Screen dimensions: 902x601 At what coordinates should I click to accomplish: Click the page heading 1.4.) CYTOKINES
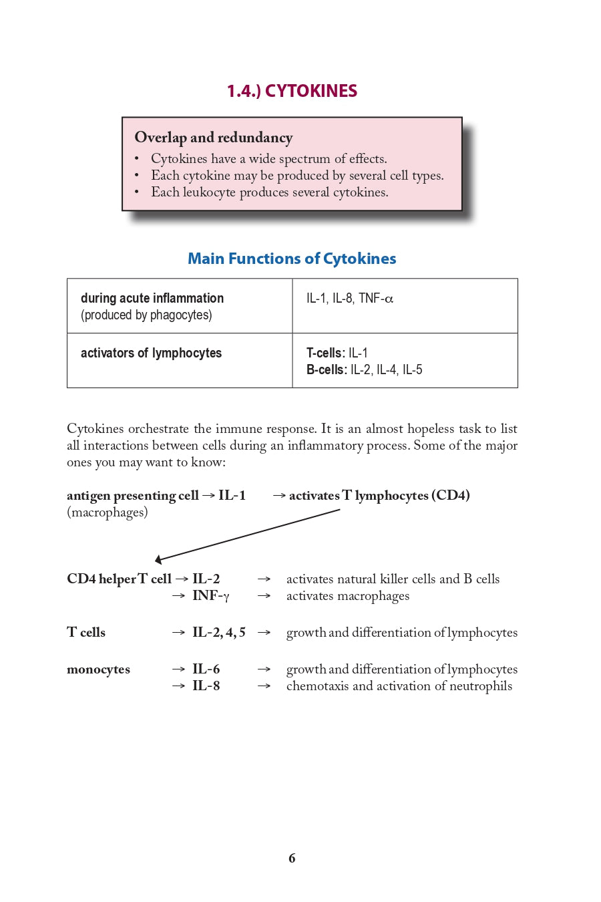(x=292, y=91)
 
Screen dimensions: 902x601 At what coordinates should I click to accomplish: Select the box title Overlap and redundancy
(x=214, y=138)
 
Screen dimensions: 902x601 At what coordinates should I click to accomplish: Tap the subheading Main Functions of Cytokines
(x=292, y=259)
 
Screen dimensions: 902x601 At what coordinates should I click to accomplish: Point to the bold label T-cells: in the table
(x=325, y=353)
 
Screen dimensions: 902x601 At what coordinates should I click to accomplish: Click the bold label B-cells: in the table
(x=327, y=370)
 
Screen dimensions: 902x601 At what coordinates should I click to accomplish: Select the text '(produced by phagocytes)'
(x=146, y=315)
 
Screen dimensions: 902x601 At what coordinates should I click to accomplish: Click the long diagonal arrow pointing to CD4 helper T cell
(x=247, y=535)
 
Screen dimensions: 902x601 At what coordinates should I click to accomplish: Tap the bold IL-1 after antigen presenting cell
(x=232, y=496)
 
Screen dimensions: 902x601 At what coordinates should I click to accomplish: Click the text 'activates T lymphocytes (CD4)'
(x=379, y=496)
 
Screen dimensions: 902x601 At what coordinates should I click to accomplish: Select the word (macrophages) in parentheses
(x=108, y=512)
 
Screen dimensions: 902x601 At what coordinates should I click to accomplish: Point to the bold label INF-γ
(x=210, y=596)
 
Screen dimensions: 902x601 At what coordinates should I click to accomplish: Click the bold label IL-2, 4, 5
(x=218, y=633)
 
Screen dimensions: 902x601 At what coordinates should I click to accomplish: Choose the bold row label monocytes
(x=98, y=669)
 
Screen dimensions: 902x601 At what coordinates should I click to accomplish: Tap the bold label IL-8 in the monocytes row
(x=206, y=686)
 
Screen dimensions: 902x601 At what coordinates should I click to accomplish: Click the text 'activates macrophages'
(x=347, y=596)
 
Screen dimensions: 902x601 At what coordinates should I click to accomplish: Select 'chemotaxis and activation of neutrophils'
(x=399, y=686)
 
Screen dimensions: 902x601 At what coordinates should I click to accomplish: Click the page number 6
(x=292, y=859)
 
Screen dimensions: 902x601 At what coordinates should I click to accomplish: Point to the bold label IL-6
(x=206, y=669)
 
